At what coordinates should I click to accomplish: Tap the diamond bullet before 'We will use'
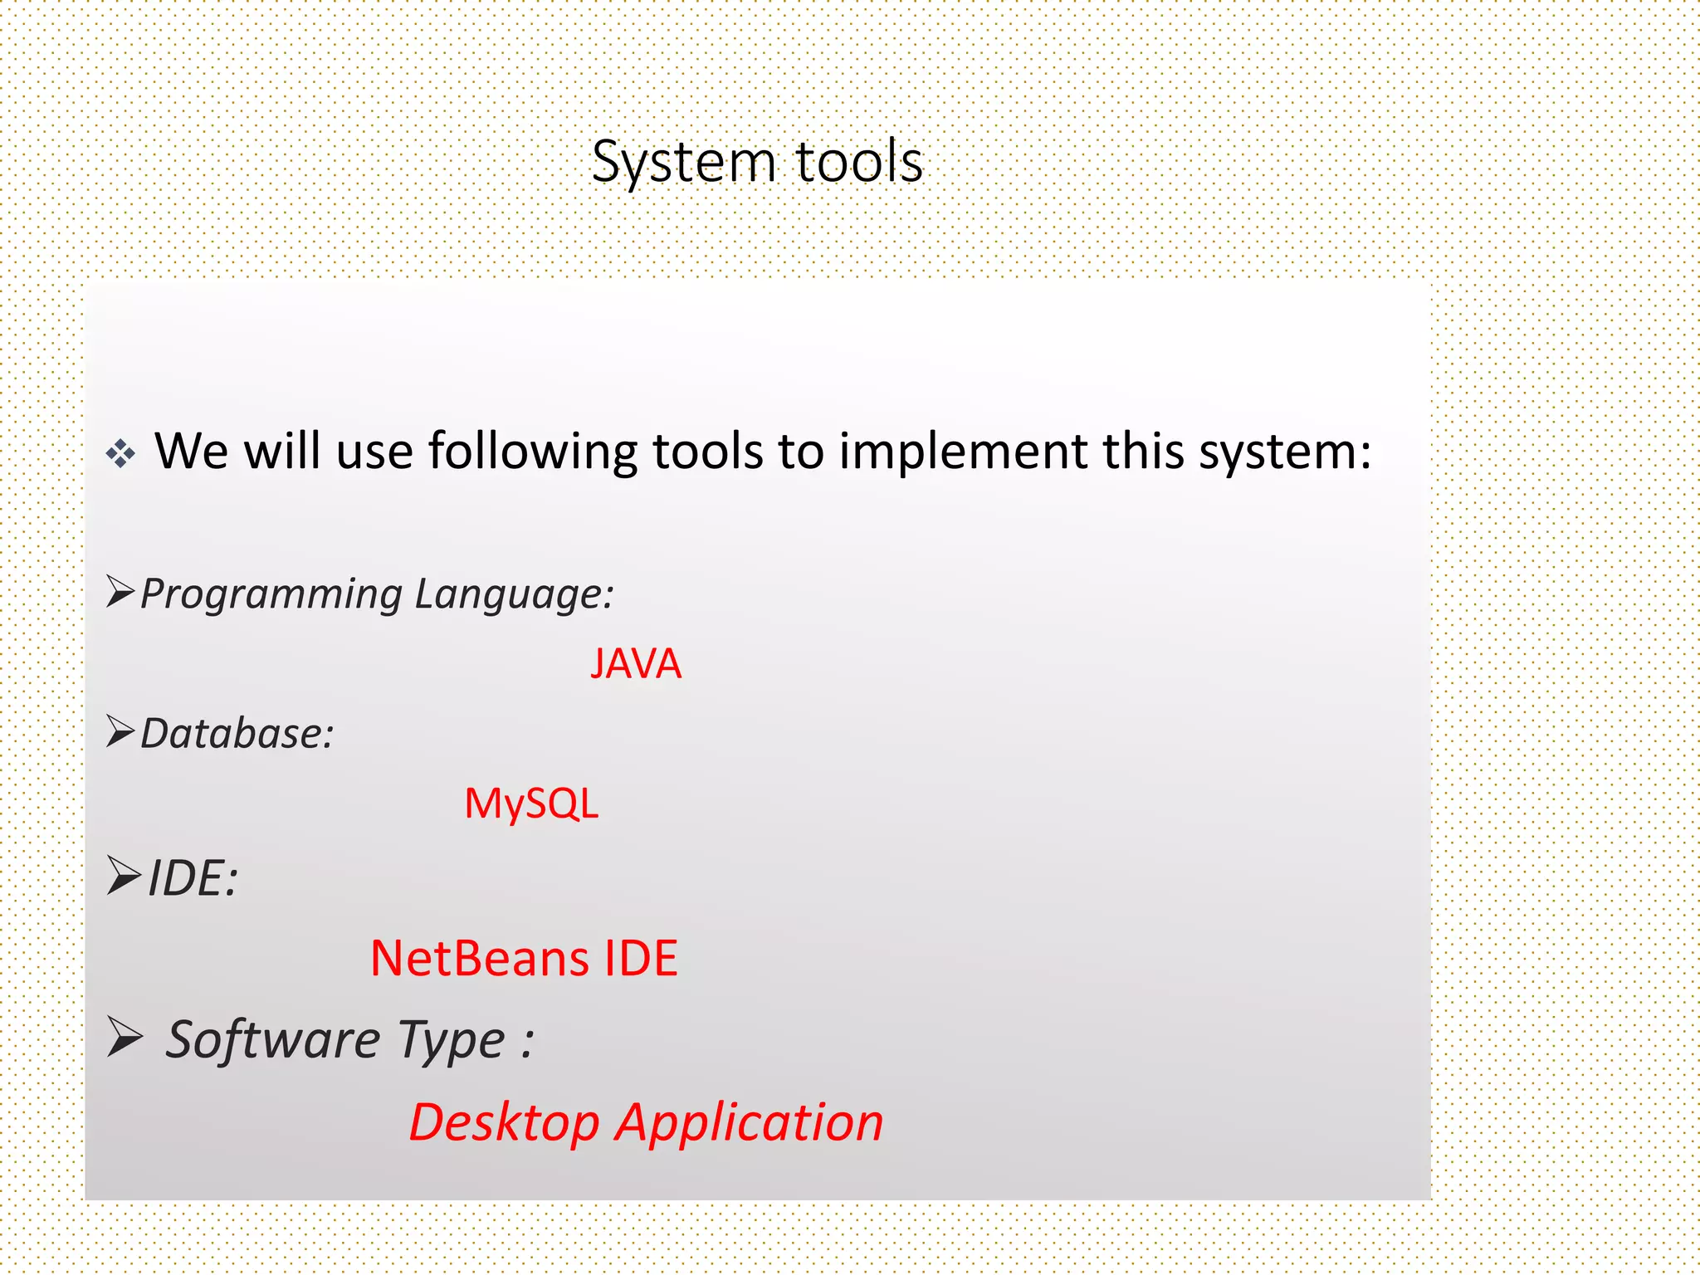[120, 454]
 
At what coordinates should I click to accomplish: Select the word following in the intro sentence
[531, 452]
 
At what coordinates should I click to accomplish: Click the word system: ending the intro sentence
[1286, 452]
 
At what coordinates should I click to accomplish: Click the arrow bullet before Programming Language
[120, 592]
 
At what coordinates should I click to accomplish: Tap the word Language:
[514, 595]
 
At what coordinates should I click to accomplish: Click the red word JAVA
[636, 664]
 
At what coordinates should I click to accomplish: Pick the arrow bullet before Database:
[120, 731]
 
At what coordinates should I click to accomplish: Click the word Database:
[237, 734]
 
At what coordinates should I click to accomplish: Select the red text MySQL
[531, 804]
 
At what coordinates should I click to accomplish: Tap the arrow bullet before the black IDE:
[123, 877]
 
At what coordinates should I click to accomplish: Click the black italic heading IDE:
[193, 878]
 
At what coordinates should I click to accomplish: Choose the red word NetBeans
[479, 959]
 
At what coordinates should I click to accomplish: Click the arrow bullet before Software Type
[125, 1038]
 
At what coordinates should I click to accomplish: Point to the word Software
[273, 1039]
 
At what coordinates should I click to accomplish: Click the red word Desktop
[504, 1124]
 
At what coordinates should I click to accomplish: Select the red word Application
[750, 1124]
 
